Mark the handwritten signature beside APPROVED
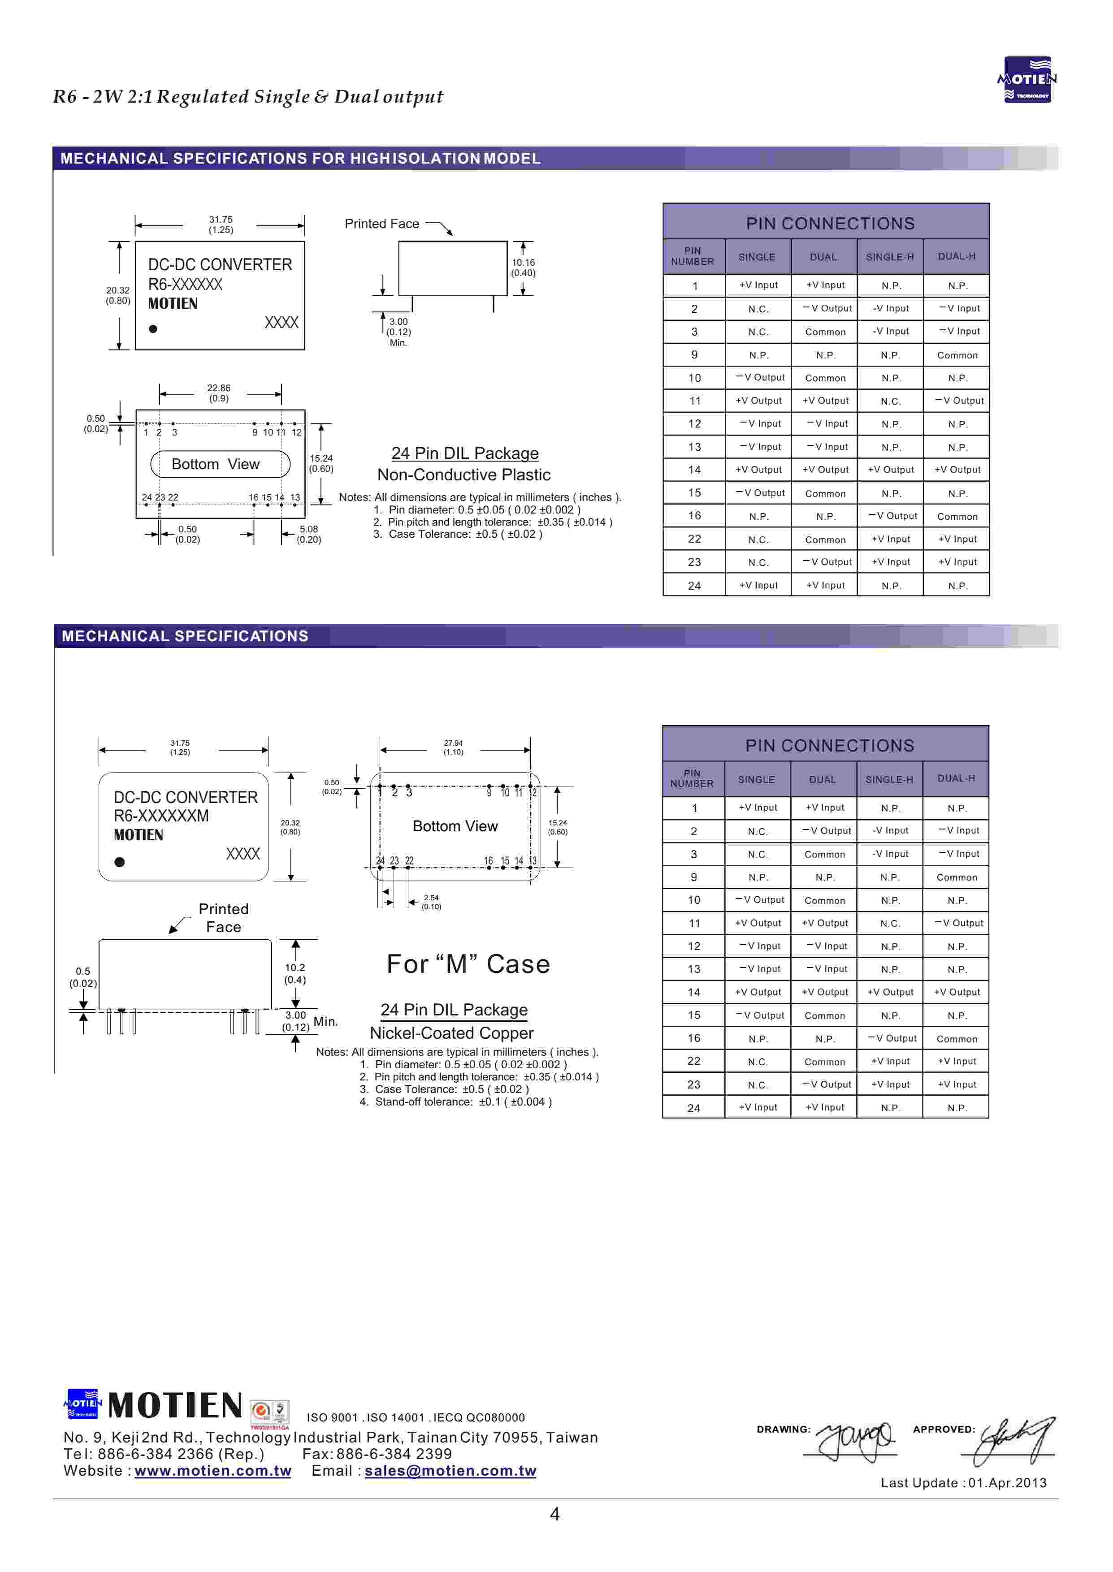pyautogui.click(x=1014, y=1438)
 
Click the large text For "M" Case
pyautogui.click(x=468, y=964)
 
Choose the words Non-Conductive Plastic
pyautogui.click(x=463, y=475)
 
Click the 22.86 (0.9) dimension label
pyautogui.click(x=219, y=393)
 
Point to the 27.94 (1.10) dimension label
pyautogui.click(x=453, y=747)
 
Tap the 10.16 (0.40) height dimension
pyautogui.click(x=523, y=268)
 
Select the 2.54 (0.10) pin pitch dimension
pyautogui.click(x=431, y=902)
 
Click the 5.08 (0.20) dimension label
pyautogui.click(x=308, y=534)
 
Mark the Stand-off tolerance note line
pyautogui.click(x=456, y=1101)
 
